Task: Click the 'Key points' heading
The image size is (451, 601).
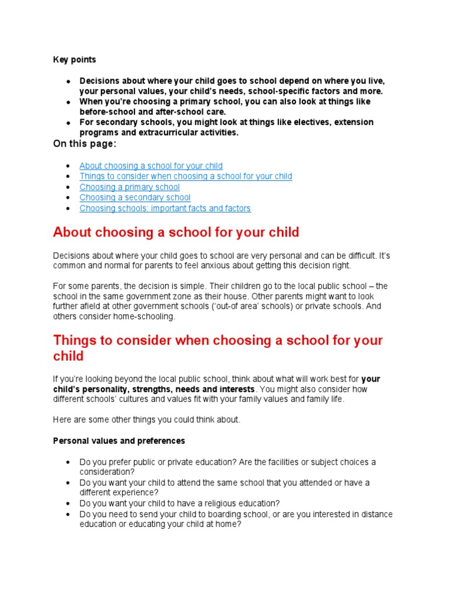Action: (75, 60)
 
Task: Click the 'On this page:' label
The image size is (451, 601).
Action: (85, 144)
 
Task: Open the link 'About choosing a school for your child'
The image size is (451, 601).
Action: (151, 166)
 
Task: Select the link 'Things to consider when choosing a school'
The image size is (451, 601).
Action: (186, 177)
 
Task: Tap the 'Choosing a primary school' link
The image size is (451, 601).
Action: (129, 187)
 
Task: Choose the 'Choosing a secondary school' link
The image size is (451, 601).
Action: (135, 198)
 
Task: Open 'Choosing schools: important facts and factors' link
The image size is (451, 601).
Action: (165, 208)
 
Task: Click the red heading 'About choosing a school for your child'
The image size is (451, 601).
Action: (176, 232)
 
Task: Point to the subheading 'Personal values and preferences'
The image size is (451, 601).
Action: (119, 441)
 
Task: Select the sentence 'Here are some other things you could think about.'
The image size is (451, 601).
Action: (147, 420)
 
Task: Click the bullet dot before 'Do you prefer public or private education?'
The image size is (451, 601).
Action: (69, 462)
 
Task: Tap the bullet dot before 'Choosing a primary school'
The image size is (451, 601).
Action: (69, 188)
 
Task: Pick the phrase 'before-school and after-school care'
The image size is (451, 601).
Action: (153, 112)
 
